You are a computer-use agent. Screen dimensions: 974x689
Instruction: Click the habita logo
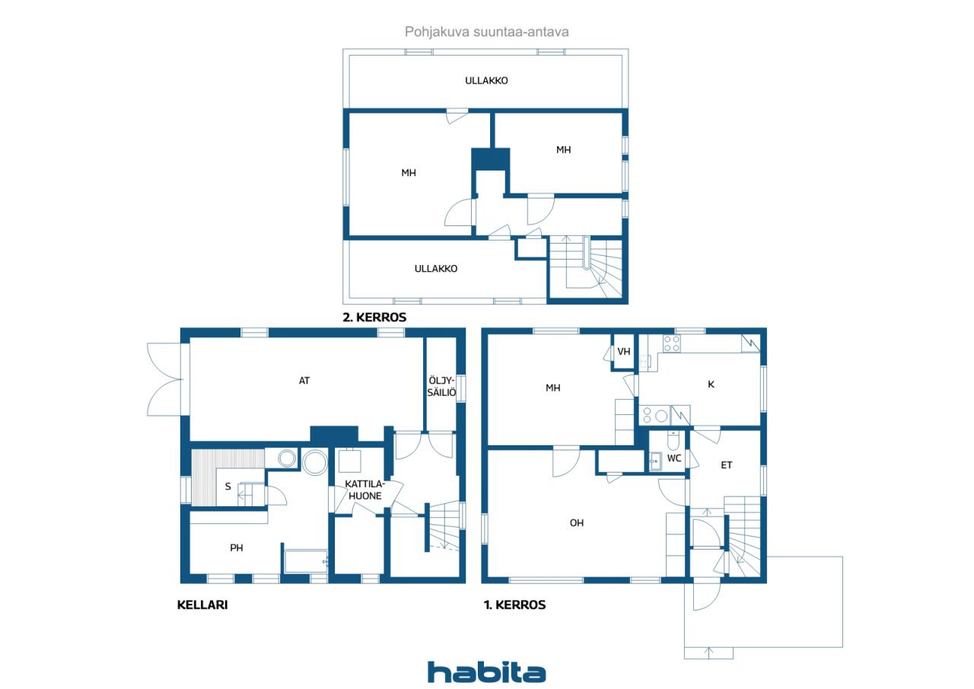pyautogui.click(x=486, y=672)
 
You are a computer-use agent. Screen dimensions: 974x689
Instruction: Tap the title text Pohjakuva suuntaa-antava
pyautogui.click(x=486, y=32)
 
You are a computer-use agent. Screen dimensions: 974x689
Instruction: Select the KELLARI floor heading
pyautogui.click(x=202, y=604)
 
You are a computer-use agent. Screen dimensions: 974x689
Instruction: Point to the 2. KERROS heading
pyautogui.click(x=374, y=317)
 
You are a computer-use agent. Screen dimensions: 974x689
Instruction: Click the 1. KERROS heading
pyautogui.click(x=515, y=604)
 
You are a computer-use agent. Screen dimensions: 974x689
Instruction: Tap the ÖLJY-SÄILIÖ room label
pyautogui.click(x=441, y=386)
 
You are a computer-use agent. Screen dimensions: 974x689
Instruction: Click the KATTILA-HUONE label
pyautogui.click(x=364, y=490)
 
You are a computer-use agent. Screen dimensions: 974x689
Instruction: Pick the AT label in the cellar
pyautogui.click(x=304, y=381)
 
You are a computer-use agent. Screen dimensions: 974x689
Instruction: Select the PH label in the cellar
pyautogui.click(x=236, y=547)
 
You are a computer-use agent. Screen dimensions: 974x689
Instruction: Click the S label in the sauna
pyautogui.click(x=228, y=486)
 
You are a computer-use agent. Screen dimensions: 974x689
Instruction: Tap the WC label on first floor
pyautogui.click(x=674, y=458)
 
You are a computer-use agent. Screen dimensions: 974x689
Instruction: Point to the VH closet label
pyautogui.click(x=623, y=352)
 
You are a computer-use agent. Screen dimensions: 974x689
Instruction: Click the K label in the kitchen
pyautogui.click(x=711, y=384)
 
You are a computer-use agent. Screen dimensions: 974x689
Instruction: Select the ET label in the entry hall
pyautogui.click(x=726, y=465)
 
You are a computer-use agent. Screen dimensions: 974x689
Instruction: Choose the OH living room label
pyautogui.click(x=577, y=523)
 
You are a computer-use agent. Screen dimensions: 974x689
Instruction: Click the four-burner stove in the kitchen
pyautogui.click(x=671, y=343)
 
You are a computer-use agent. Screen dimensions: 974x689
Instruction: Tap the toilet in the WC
pyautogui.click(x=673, y=441)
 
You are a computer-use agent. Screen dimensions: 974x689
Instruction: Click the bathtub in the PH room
pyautogui.click(x=306, y=562)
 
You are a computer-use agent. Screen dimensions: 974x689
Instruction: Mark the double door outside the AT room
pyautogui.click(x=164, y=379)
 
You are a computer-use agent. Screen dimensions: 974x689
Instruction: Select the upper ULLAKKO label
pyautogui.click(x=486, y=81)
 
